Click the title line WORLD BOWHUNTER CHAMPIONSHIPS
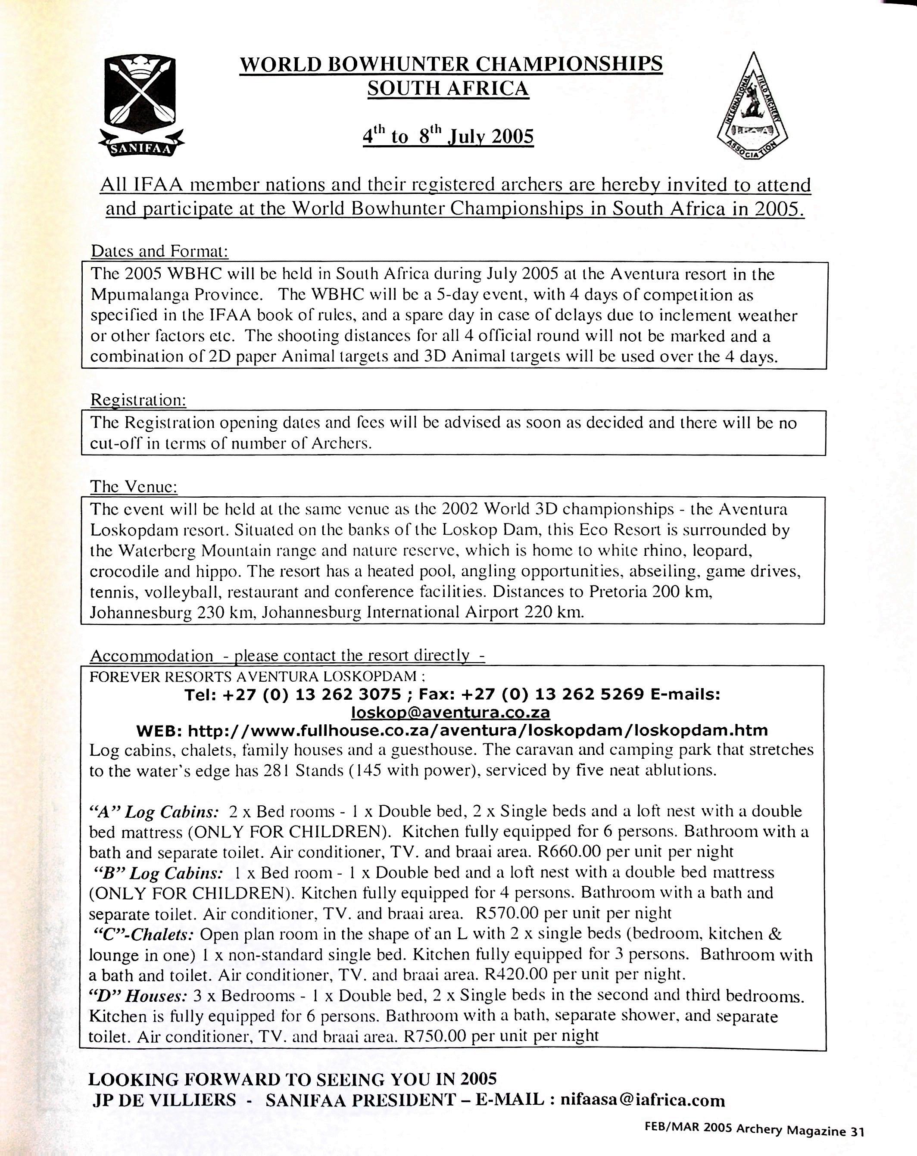pyautogui.click(x=450, y=64)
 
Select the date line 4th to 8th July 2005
pyautogui.click(x=448, y=136)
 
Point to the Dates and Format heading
pyautogui.click(x=159, y=251)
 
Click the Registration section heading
pyautogui.click(x=138, y=399)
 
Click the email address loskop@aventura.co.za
pyautogui.click(x=450, y=712)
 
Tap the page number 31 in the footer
pyautogui.click(x=856, y=1131)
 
